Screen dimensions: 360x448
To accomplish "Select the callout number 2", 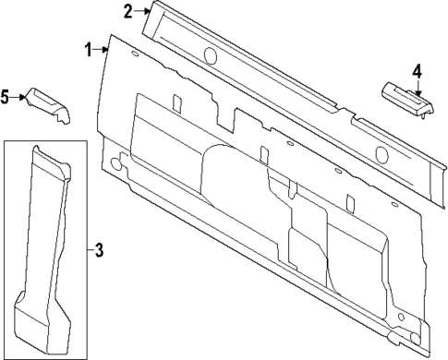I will point(127,11).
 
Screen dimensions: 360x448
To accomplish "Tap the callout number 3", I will point(100,249).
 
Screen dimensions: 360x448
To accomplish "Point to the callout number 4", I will point(417,70).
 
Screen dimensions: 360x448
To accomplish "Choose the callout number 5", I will point(6,95).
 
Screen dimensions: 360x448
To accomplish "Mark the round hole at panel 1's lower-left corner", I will point(115,164).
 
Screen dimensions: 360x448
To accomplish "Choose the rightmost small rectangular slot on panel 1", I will point(350,201).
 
